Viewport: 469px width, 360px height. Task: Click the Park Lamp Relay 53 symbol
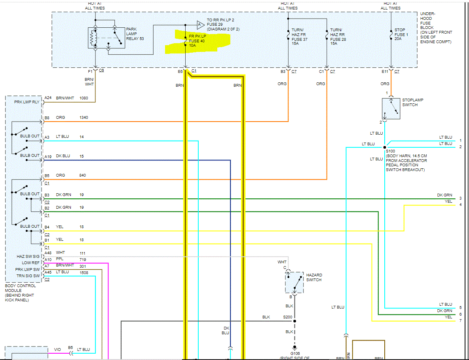pos(106,38)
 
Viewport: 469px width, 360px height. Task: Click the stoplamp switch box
pos(391,109)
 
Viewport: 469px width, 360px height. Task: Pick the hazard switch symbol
pos(294,282)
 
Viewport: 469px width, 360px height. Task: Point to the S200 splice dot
pos(294,321)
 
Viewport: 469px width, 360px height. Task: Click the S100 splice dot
pos(385,147)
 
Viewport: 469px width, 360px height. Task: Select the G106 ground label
pos(295,353)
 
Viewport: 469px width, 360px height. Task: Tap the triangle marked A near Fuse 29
pos(199,25)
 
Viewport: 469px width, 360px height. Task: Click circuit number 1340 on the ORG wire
pos(84,118)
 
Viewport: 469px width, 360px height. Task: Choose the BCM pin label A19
pos(48,156)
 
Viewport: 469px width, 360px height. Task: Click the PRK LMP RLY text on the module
pos(27,102)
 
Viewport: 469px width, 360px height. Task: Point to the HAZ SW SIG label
pos(28,257)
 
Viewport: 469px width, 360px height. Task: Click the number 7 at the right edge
pos(460,320)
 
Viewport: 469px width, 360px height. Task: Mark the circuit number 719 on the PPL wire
pos(83,259)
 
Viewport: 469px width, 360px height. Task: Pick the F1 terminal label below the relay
pos(90,71)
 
